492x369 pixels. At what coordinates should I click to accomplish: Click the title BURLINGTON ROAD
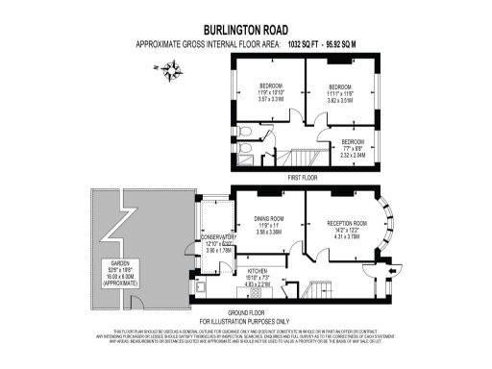pyautogui.click(x=245, y=30)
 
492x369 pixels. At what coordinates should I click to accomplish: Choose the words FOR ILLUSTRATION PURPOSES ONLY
pyautogui.click(x=245, y=321)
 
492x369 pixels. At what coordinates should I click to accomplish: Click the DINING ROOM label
pyautogui.click(x=268, y=219)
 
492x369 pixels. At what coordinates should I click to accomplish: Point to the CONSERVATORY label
pyautogui.click(x=218, y=237)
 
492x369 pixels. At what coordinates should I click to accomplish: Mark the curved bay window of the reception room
pyautogui.click(x=389, y=223)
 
